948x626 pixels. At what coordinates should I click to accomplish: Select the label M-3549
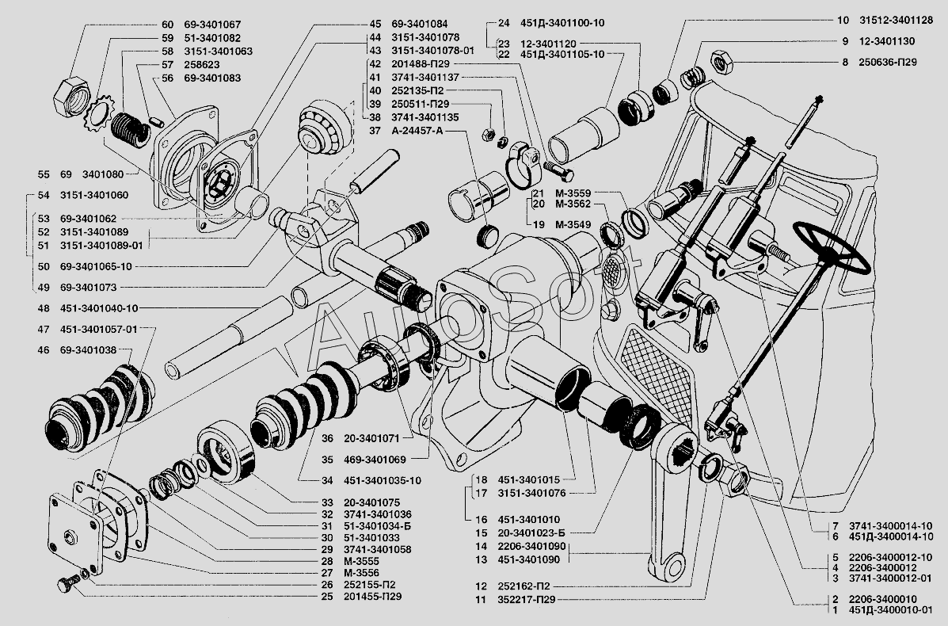tap(572, 224)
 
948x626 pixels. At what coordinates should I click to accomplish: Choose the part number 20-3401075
tap(372, 502)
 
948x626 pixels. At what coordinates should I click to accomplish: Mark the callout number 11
tap(480, 601)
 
